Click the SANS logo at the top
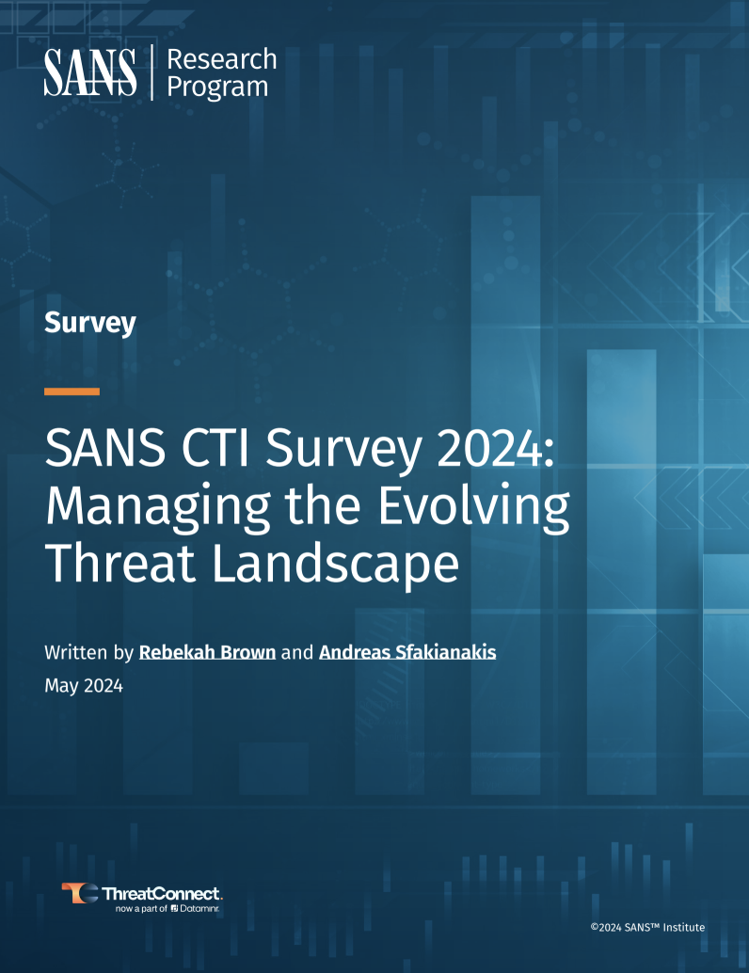(x=90, y=72)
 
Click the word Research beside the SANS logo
(x=222, y=59)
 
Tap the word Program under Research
(x=217, y=87)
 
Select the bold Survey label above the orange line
(x=90, y=323)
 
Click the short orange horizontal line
(x=72, y=391)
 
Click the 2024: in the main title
(x=495, y=448)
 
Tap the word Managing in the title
(x=158, y=507)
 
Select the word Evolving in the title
(x=473, y=507)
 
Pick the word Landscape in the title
(x=336, y=565)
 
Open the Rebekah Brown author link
(x=207, y=652)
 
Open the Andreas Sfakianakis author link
(x=407, y=652)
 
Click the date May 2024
(x=84, y=686)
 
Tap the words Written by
(x=88, y=653)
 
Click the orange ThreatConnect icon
(x=79, y=893)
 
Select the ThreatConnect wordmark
(x=161, y=894)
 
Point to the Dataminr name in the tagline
(x=199, y=908)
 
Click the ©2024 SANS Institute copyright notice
(x=647, y=927)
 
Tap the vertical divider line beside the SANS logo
(x=152, y=72)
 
